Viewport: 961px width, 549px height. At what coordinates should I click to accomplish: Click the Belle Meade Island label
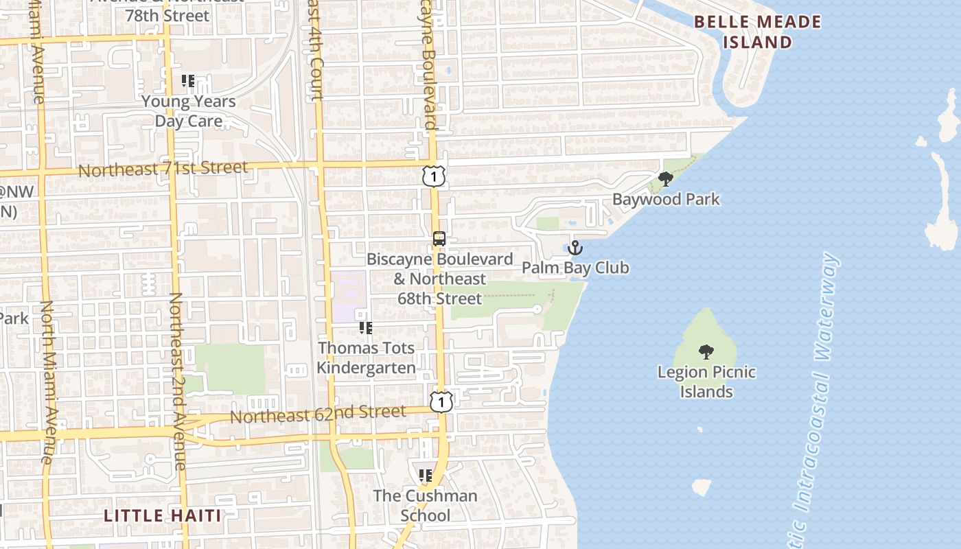point(757,32)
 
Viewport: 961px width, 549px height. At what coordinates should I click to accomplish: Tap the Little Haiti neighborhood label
point(163,515)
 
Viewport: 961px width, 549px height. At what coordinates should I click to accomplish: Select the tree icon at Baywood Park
point(665,179)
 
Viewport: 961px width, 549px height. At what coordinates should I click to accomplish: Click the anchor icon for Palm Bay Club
point(575,248)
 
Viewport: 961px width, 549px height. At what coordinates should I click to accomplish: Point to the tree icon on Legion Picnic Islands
point(706,353)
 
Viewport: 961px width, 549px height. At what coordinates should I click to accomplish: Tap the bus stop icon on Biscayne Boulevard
point(439,239)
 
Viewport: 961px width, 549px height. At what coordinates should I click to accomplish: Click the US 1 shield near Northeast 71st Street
point(434,176)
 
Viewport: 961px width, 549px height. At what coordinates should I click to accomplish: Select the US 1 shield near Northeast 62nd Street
point(441,401)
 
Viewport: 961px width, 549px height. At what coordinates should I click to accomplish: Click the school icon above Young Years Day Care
point(188,81)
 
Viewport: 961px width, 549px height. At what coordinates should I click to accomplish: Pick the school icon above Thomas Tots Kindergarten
point(366,328)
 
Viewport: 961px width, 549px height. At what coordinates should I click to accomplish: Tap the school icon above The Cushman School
point(426,475)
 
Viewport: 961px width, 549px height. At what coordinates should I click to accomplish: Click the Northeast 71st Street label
point(163,168)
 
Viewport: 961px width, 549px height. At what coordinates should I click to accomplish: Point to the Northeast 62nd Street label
point(317,414)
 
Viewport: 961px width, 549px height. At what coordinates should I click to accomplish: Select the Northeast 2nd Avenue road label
point(177,381)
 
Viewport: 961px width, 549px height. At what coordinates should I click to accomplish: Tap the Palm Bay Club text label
point(575,268)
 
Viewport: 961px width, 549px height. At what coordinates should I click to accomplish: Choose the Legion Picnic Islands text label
point(706,382)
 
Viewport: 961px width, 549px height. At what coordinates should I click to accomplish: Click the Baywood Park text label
point(666,200)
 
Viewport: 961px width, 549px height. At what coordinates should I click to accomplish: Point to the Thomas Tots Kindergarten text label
point(367,358)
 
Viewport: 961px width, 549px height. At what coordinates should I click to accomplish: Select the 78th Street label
point(167,15)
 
